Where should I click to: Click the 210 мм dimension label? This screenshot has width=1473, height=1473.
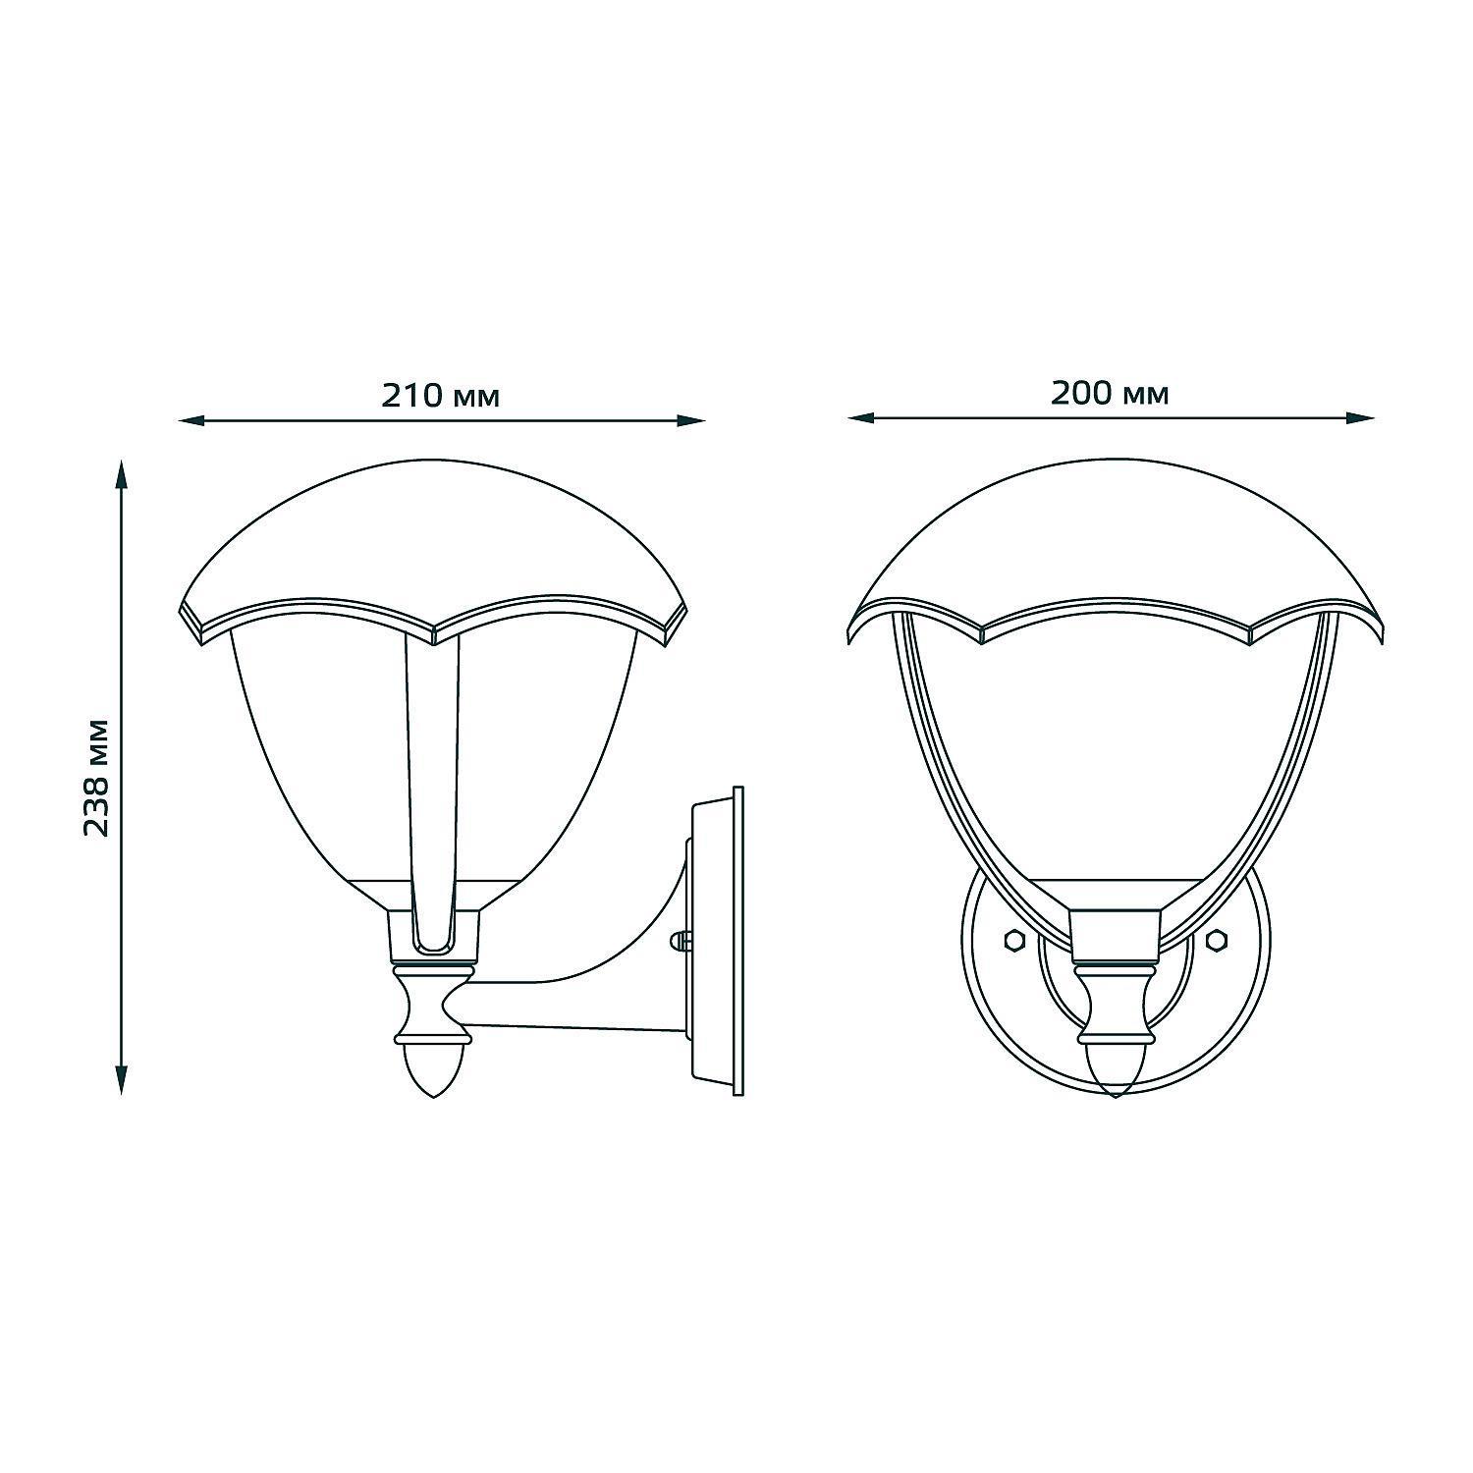point(440,396)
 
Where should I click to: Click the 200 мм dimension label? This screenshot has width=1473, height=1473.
point(1110,393)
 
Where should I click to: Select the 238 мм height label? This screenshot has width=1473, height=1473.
point(95,777)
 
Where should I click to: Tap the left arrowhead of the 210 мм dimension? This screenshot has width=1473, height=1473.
point(191,421)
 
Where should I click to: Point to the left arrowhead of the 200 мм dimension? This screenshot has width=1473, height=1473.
point(860,418)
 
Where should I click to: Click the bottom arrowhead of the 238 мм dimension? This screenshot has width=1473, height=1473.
point(121,1081)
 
